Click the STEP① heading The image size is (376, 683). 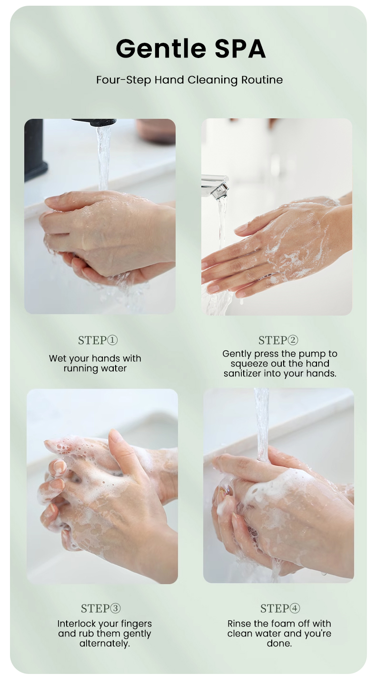coord(98,340)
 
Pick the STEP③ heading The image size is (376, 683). coord(100,608)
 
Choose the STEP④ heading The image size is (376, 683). coord(280,608)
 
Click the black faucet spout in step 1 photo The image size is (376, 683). coord(95,123)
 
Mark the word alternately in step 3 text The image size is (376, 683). coord(104,644)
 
